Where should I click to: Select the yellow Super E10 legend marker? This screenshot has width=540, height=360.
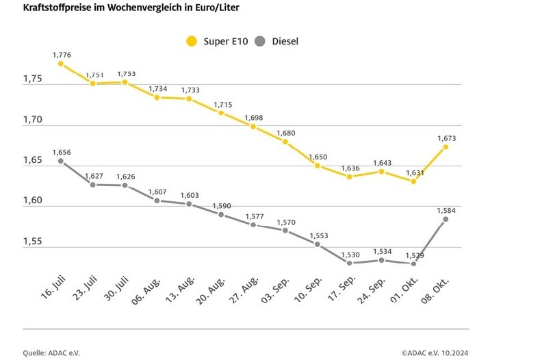click(192, 41)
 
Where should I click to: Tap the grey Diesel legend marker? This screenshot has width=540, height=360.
click(259, 41)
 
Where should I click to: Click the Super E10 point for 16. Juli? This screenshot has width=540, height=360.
click(60, 64)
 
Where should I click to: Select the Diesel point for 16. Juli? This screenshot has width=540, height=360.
click(60, 161)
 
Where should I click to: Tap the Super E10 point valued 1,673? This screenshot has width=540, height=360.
click(446, 146)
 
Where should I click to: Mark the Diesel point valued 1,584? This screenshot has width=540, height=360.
click(446, 219)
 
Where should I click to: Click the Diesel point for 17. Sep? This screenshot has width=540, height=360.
click(349, 263)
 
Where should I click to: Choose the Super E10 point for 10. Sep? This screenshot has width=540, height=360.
click(317, 165)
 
